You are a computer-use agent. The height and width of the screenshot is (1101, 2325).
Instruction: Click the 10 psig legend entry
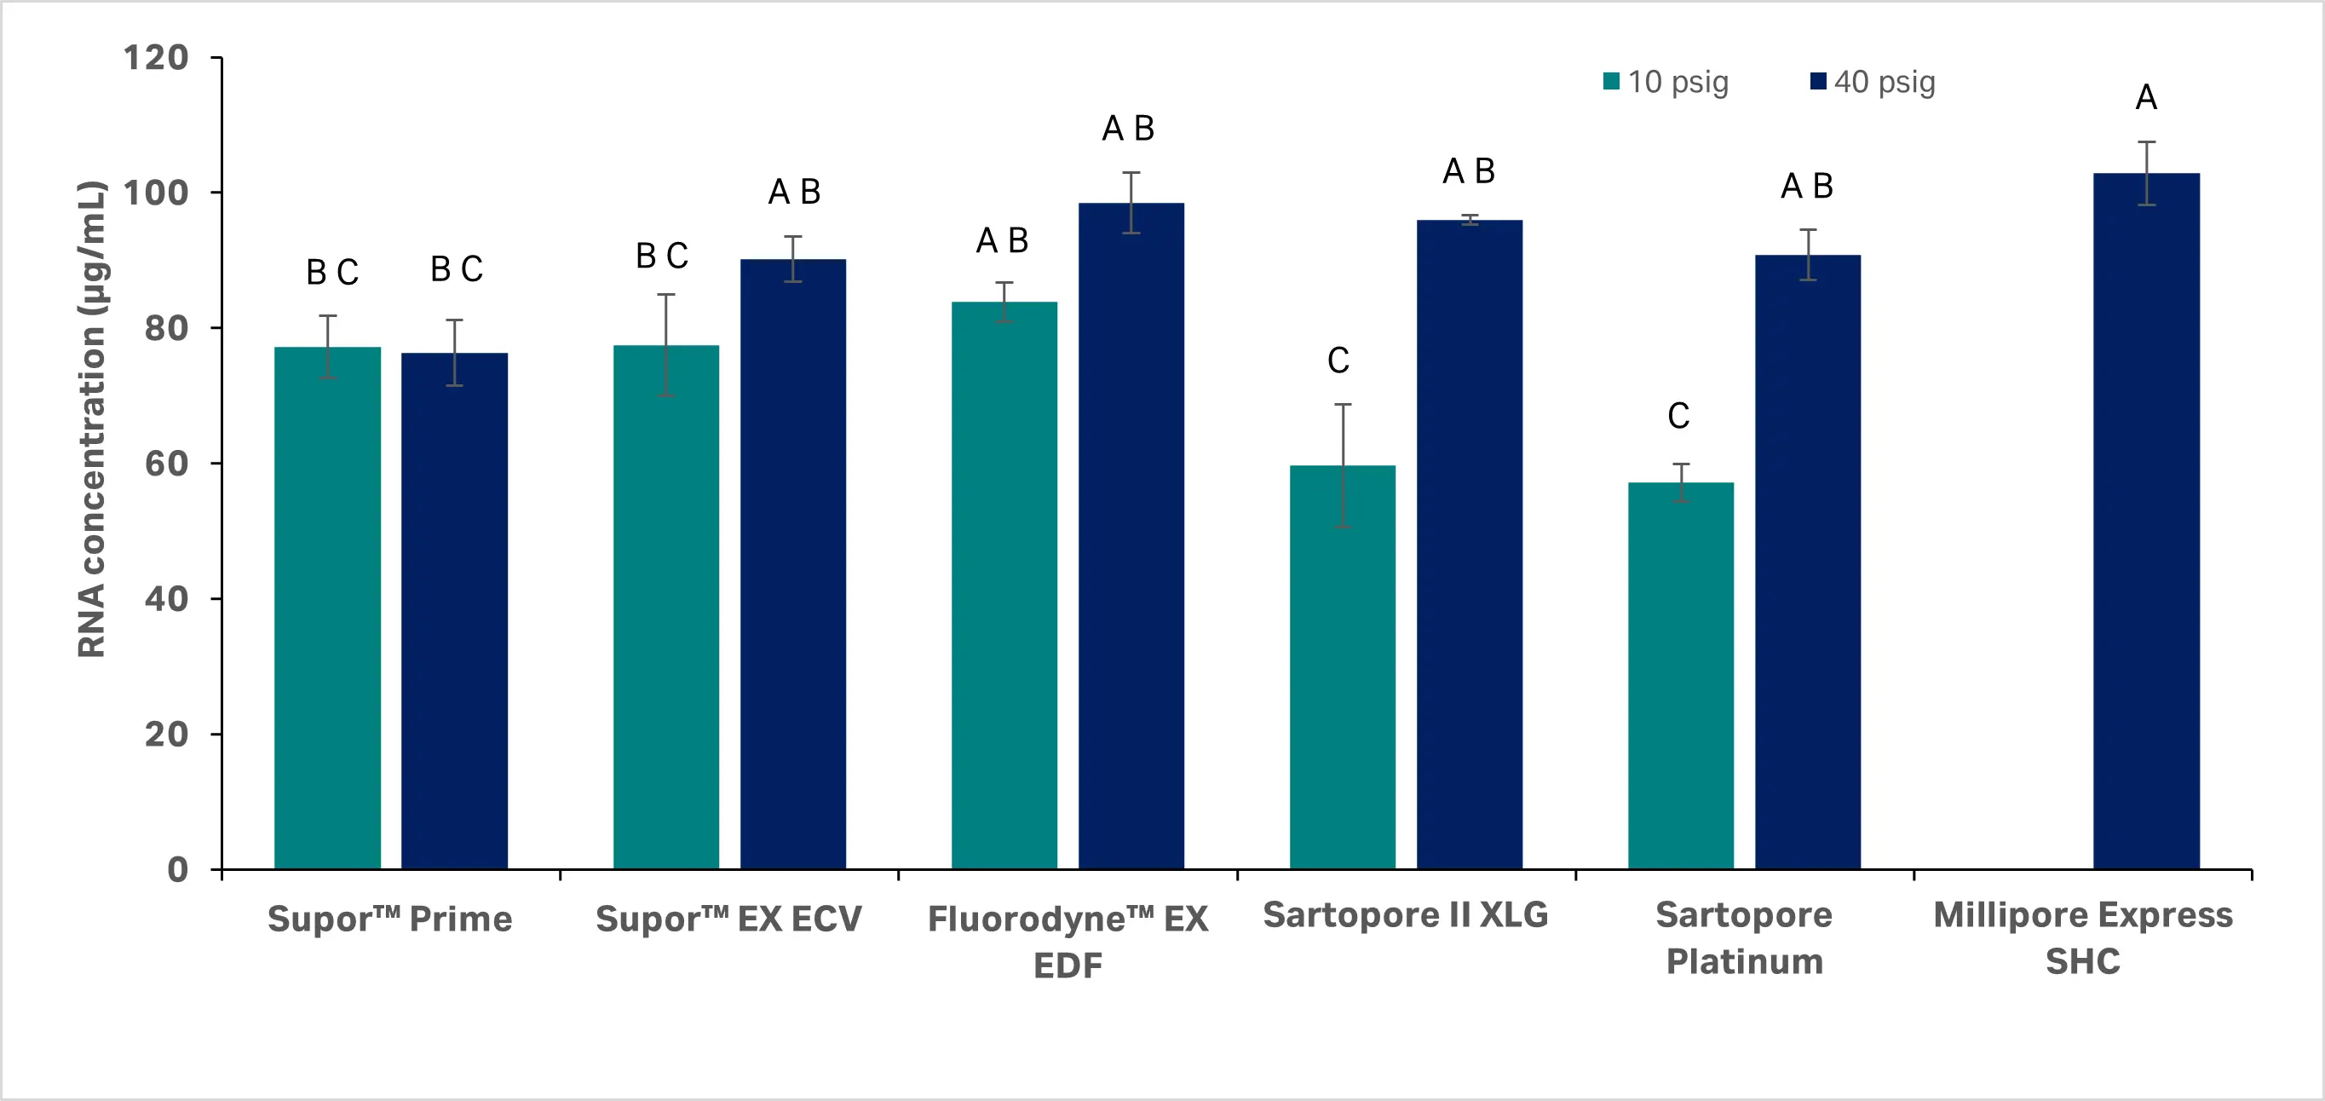1666,82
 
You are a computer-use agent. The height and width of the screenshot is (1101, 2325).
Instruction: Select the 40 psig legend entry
1873,82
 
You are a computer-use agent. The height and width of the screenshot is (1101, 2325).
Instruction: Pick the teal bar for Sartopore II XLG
1342,667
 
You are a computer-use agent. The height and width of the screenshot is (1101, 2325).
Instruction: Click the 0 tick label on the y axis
178,870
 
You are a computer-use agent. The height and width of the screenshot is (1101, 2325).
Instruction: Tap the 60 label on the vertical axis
166,464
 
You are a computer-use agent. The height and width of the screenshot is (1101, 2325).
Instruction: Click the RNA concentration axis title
91,419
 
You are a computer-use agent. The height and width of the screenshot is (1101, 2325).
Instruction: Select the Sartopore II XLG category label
1405,915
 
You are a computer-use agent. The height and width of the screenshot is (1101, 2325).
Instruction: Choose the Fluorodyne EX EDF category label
1068,942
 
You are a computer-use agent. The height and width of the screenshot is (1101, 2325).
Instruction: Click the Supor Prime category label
390,919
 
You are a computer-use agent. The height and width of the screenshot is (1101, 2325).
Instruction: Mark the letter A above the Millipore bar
2145,97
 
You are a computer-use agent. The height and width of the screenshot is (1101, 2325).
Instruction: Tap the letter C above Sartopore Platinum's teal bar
1678,416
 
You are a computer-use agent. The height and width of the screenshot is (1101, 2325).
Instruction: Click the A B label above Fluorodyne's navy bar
1128,129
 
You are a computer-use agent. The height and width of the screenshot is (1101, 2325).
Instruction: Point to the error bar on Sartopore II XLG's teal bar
1343,464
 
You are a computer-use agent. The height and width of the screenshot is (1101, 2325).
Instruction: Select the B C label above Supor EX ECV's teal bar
662,257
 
